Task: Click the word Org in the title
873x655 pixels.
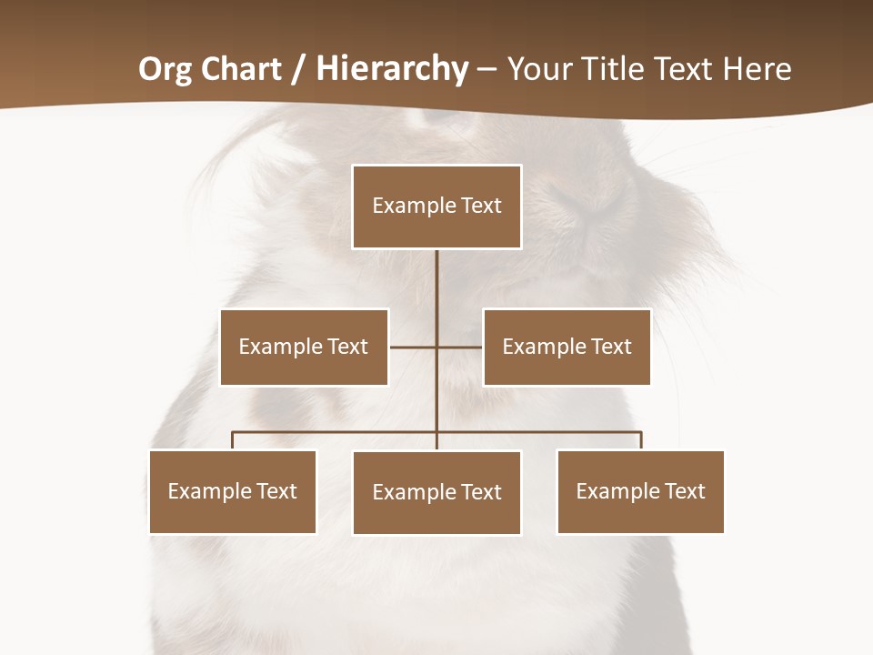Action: (166, 70)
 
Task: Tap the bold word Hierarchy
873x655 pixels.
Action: (392, 70)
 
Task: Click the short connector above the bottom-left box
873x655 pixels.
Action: (233, 440)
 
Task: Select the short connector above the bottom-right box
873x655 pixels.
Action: (641, 440)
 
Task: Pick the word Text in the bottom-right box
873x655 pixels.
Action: (685, 491)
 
